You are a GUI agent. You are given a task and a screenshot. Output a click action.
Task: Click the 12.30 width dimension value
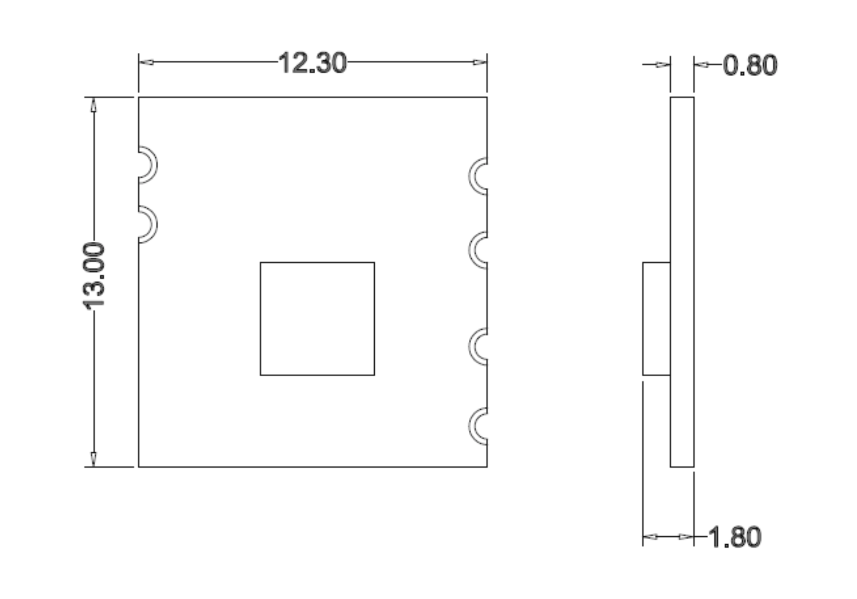[x=313, y=63]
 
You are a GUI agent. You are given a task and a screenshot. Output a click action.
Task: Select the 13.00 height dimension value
[x=94, y=276]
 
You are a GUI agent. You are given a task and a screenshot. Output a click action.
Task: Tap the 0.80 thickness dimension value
[x=750, y=65]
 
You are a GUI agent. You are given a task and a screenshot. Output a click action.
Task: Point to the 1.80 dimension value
[x=735, y=537]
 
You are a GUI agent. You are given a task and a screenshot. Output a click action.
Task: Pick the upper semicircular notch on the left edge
[x=155, y=165]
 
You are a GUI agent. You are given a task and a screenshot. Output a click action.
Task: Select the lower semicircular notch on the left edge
[x=155, y=224]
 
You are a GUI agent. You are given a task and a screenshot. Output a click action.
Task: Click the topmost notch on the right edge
[x=470, y=176]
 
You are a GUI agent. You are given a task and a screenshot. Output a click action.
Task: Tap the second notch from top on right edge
[x=470, y=250]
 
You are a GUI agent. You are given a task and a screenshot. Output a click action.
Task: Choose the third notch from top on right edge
[x=470, y=347]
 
